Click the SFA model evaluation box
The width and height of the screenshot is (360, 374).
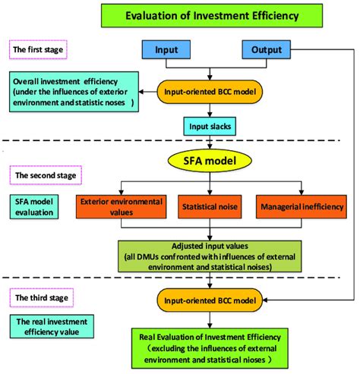(36, 207)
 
